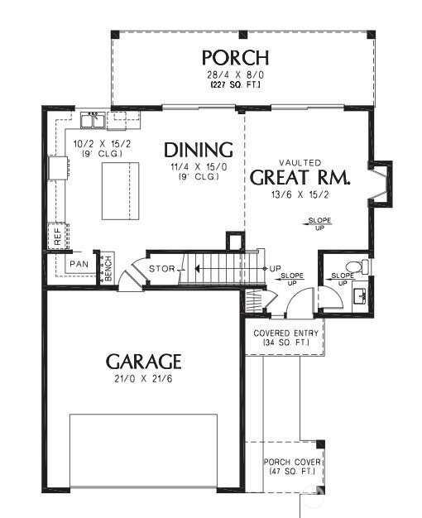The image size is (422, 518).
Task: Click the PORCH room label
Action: (236, 57)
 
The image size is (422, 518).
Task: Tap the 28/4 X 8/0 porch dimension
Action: (236, 74)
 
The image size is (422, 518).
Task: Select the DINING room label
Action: (198, 150)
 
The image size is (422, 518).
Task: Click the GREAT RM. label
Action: (300, 177)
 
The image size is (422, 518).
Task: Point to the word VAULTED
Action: (300, 162)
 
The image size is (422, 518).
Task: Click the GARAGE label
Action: (143, 362)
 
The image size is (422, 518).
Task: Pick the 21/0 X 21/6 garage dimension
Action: (143, 378)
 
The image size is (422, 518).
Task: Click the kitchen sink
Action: (92, 122)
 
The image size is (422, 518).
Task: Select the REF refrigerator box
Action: (56, 236)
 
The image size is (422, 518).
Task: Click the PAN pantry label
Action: (79, 264)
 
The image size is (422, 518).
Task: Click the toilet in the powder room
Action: (354, 266)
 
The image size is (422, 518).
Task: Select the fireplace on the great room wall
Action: (381, 181)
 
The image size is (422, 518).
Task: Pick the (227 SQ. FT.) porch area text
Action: (236, 84)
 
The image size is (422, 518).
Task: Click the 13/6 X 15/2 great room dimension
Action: (300, 194)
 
